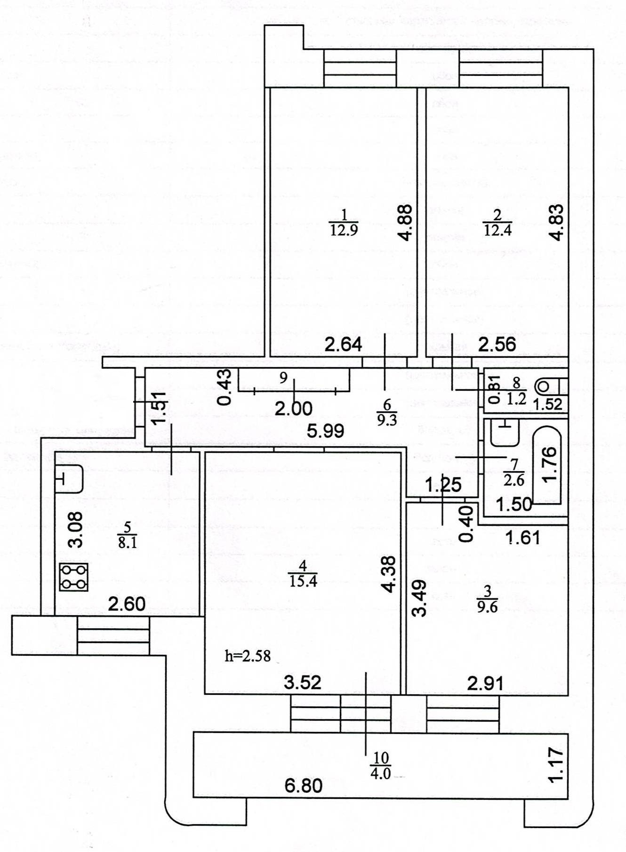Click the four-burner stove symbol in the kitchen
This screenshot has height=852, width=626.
(74, 577)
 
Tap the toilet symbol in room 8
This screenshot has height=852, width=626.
(549, 387)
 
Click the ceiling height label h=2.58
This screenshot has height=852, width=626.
(248, 655)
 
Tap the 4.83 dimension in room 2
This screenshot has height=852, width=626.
(557, 222)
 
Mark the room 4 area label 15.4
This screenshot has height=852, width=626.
(303, 581)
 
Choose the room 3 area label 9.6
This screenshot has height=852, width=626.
(487, 607)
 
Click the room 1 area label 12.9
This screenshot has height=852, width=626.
(344, 230)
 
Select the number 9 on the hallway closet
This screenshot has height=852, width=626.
(283, 378)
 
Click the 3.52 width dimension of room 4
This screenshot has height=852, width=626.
(303, 682)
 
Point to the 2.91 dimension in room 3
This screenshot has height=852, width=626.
(485, 683)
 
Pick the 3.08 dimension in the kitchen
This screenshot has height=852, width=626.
(75, 530)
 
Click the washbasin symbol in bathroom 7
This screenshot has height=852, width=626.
(504, 432)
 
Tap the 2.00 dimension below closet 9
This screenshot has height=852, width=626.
(294, 408)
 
